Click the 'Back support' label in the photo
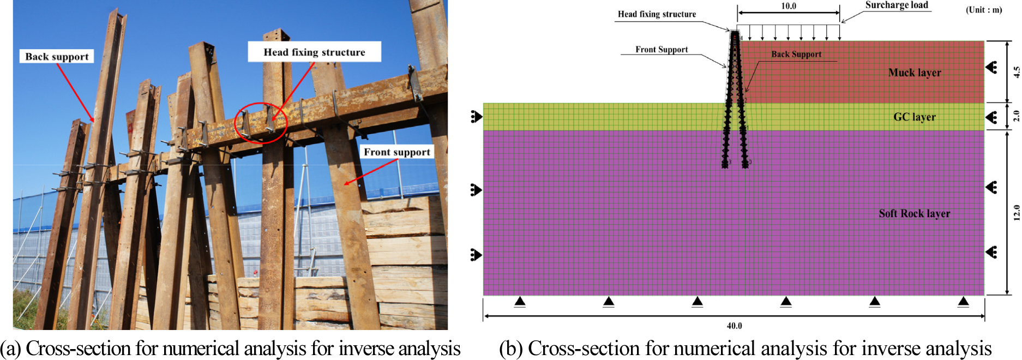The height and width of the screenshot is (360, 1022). click(57, 57)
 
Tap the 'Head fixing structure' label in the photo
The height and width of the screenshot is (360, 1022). click(314, 52)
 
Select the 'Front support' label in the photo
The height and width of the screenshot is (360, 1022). click(397, 152)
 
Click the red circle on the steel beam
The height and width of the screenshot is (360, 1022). click(261, 123)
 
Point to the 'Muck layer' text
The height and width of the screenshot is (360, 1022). click(915, 73)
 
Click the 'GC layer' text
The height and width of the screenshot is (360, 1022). click(914, 117)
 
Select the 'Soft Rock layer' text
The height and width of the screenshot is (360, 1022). click(914, 213)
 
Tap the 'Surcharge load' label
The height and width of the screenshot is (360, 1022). click(897, 5)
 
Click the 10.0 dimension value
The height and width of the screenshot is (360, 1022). click(789, 6)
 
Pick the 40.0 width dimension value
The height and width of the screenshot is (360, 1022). click(734, 326)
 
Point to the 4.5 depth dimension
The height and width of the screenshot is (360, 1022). click(1016, 72)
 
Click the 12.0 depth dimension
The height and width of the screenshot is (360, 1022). click(1016, 212)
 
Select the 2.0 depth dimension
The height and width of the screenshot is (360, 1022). click(1016, 116)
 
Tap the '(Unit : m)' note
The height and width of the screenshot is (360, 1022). click(984, 10)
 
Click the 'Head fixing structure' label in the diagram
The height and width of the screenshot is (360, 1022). click(657, 14)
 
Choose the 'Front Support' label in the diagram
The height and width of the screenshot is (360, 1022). click(662, 50)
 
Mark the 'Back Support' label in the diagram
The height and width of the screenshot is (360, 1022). click(796, 54)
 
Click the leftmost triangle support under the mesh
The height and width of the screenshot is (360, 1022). click(520, 302)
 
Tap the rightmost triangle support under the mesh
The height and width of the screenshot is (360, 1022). click(963, 302)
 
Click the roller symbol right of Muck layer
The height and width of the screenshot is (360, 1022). click(991, 68)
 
